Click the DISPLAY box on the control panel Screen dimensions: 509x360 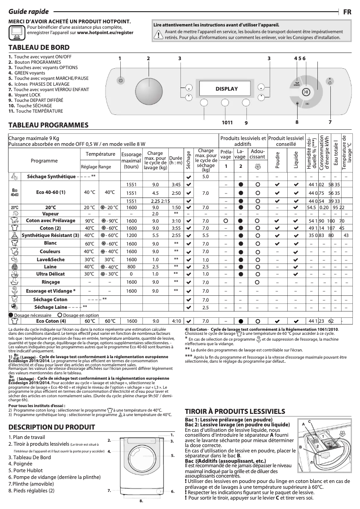(x=226, y=89)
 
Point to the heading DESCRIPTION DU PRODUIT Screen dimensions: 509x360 (x=52, y=426)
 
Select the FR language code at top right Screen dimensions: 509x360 (x=347, y=12)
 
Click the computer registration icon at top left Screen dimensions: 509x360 (x=17, y=31)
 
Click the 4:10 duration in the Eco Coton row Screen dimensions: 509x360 (x=176, y=321)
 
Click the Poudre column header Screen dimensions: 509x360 (x=277, y=160)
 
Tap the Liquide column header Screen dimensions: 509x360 (x=296, y=160)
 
